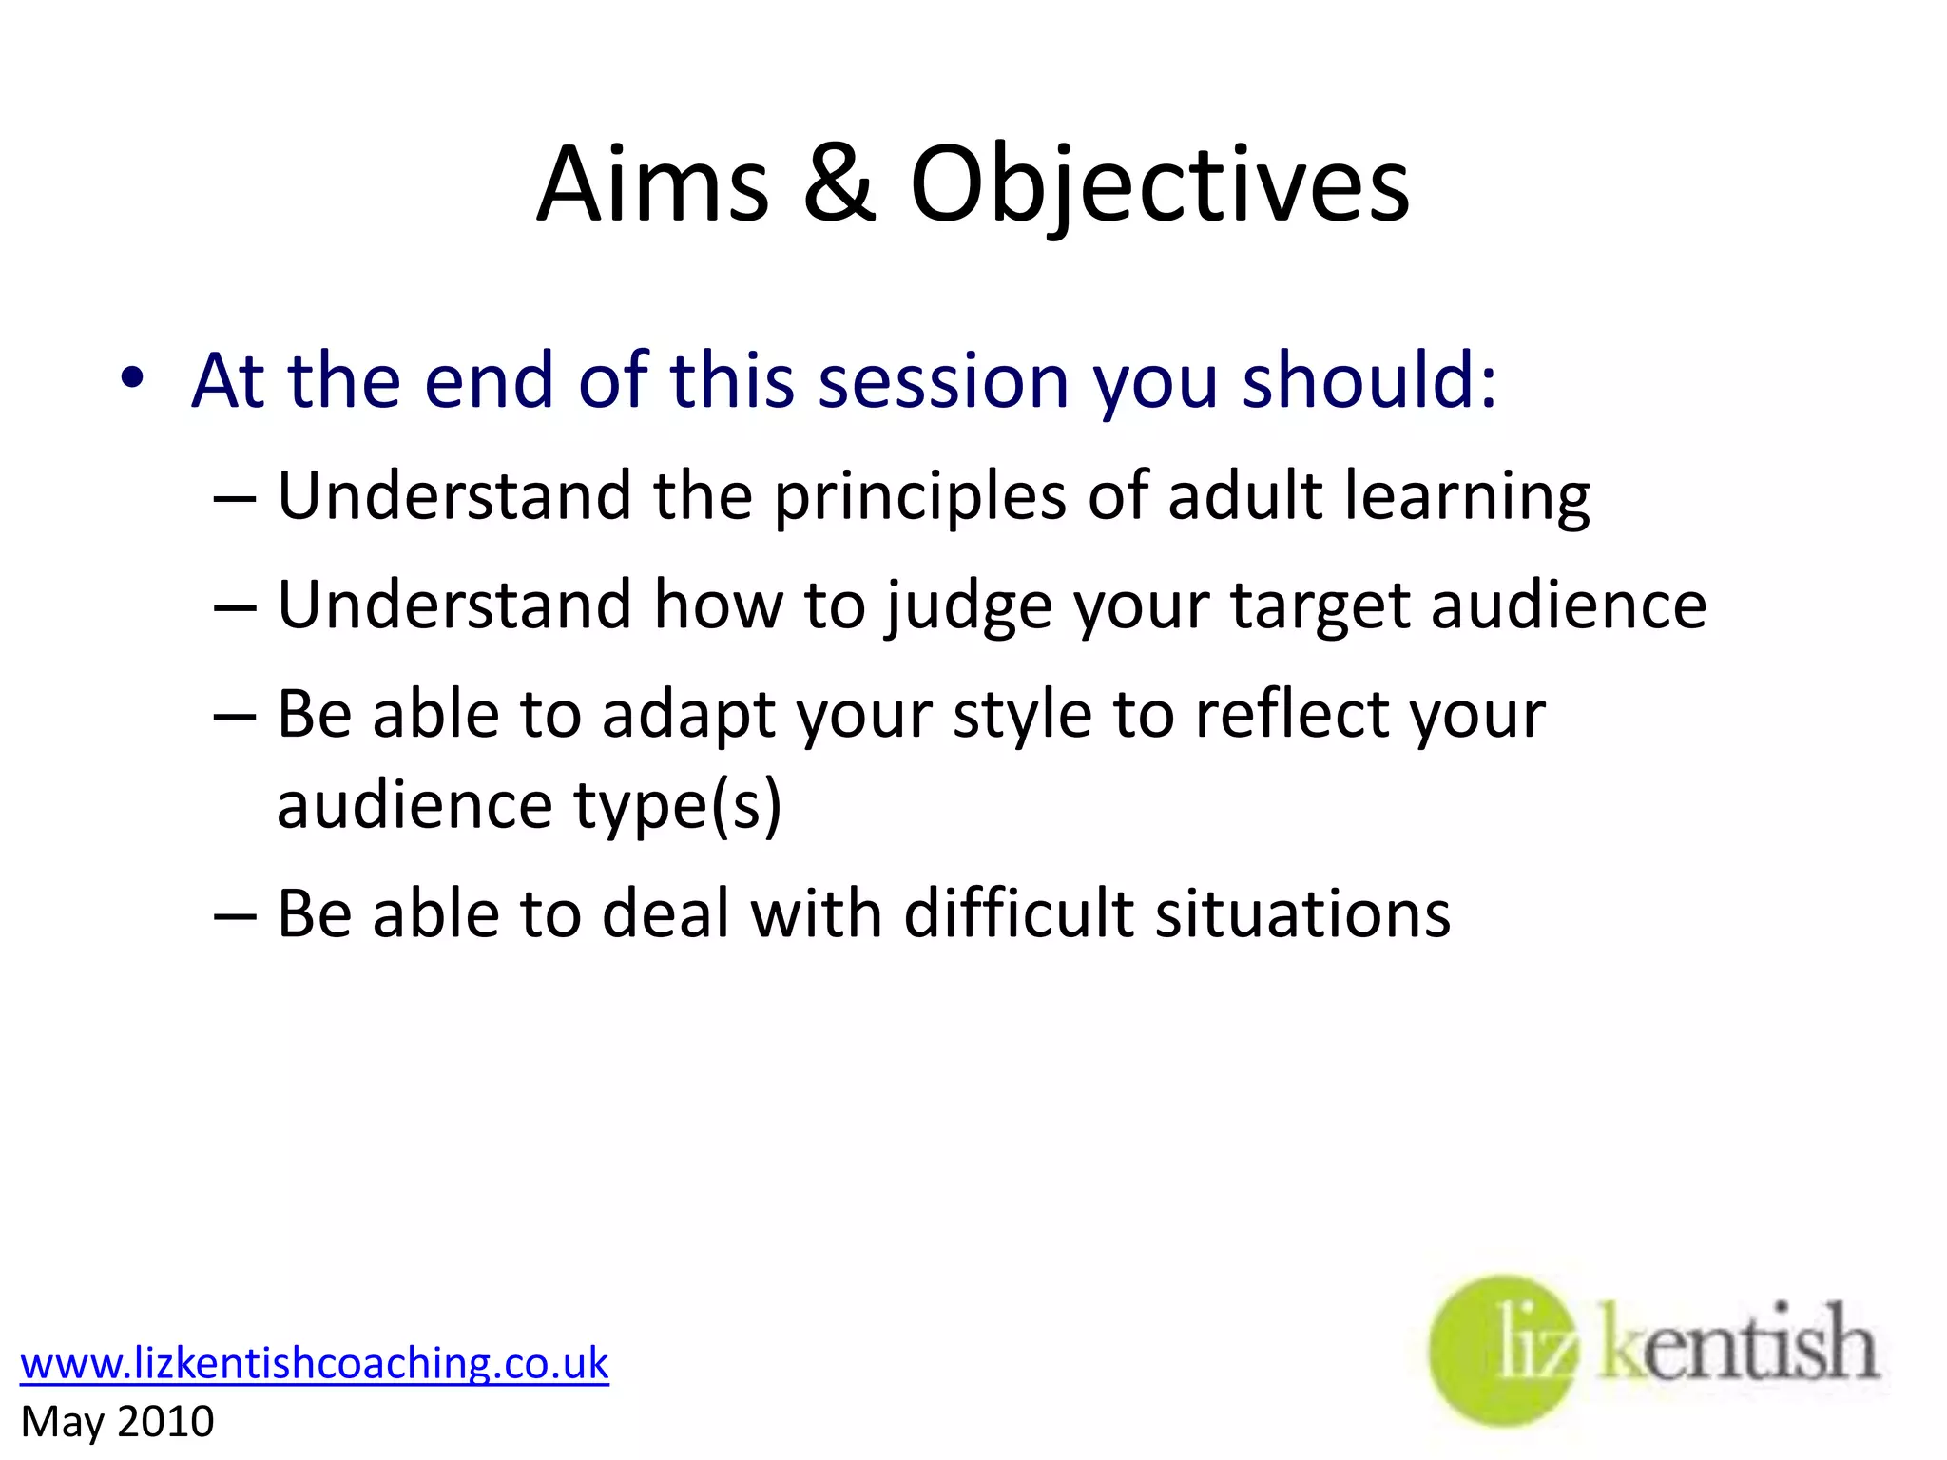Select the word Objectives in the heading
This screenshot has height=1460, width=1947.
click(x=1159, y=186)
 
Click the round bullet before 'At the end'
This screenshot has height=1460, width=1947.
click(x=132, y=378)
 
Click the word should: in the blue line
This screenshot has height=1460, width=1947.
click(x=1369, y=380)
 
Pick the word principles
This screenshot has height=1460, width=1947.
click(x=920, y=498)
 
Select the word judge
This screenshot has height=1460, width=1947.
click(x=970, y=606)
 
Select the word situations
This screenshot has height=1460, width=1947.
click(x=1302, y=913)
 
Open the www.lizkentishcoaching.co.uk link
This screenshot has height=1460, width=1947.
click(x=314, y=1363)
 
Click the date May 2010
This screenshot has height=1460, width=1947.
click(x=117, y=1422)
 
